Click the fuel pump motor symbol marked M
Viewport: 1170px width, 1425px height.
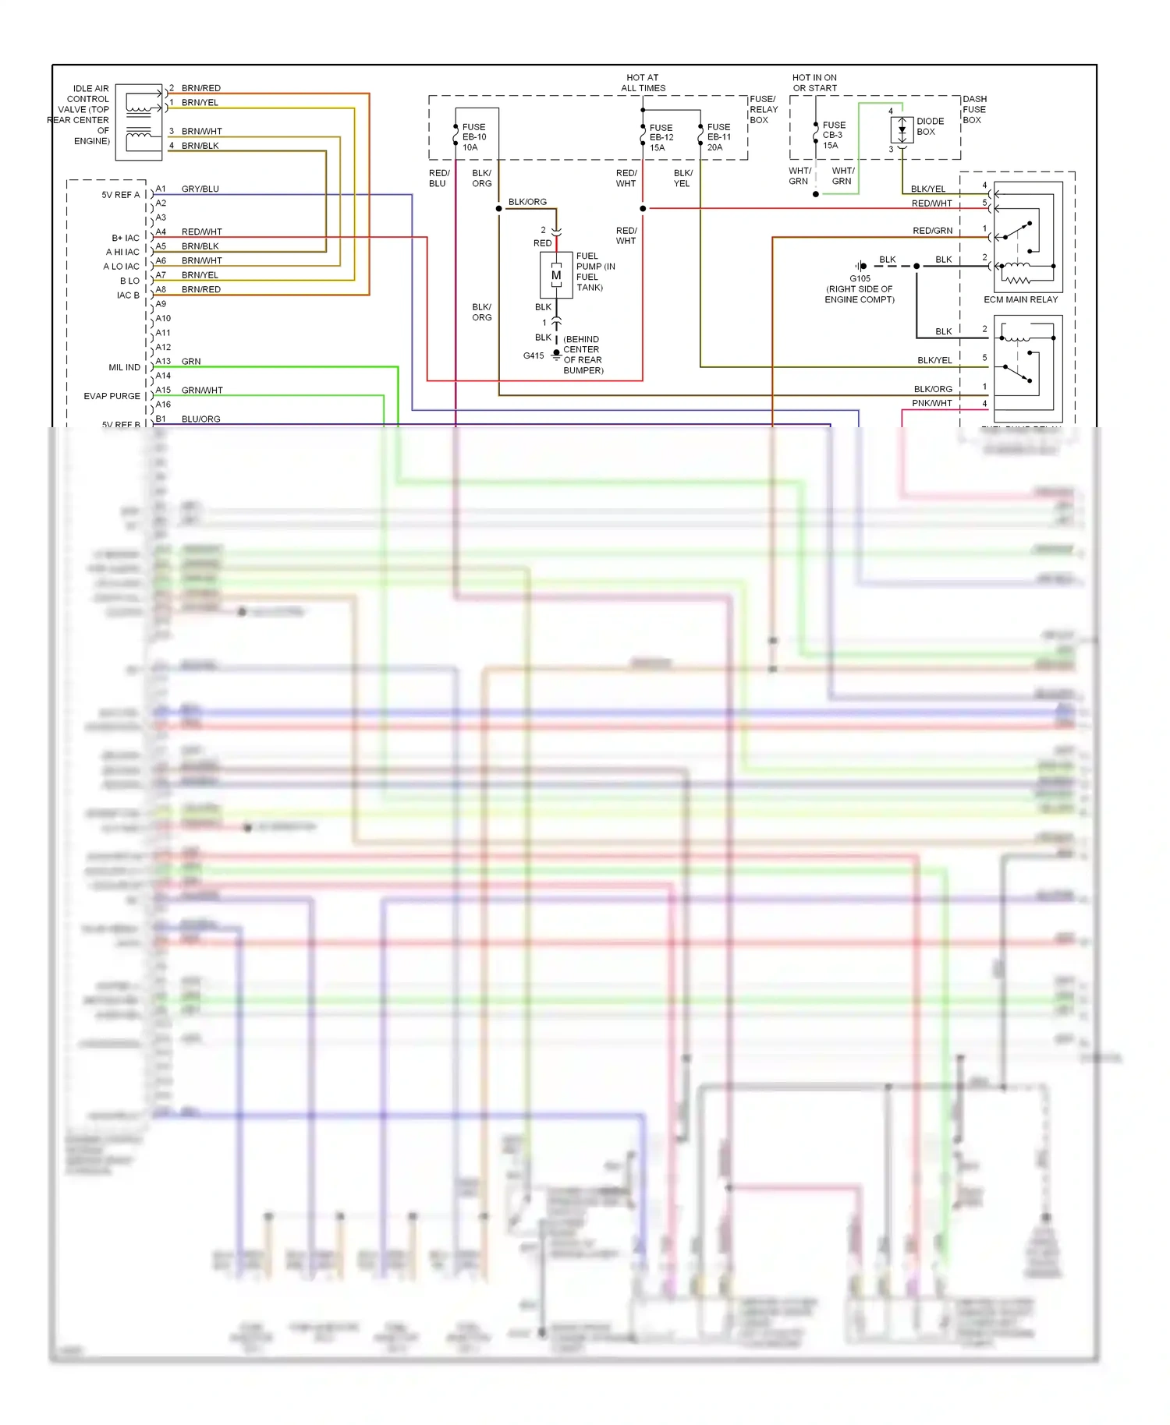[556, 275]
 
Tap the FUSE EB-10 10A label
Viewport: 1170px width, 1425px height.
[474, 137]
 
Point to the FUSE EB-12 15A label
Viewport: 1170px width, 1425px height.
[661, 137]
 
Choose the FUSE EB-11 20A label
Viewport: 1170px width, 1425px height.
[719, 137]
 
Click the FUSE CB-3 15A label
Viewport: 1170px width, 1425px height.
[834, 135]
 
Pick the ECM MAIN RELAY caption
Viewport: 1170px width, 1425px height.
[1020, 299]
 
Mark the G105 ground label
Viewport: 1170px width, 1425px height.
[860, 278]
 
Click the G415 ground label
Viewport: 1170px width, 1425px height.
[534, 355]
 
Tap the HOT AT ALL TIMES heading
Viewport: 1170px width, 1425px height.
[643, 83]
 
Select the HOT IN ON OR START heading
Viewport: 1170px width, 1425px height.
[814, 83]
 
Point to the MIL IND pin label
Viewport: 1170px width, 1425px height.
[124, 367]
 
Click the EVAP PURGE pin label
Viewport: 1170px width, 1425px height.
[112, 396]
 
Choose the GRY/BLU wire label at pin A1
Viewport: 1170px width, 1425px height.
[200, 189]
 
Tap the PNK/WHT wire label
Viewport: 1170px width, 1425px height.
[932, 403]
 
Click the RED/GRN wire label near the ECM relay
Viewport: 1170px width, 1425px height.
[932, 231]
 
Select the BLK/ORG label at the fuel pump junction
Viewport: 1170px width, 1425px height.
[527, 202]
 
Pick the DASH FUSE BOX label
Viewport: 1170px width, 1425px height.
[974, 109]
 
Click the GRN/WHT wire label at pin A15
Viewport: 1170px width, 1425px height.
[202, 390]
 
